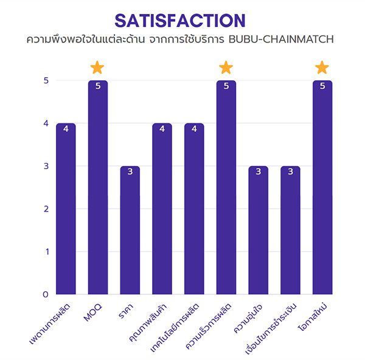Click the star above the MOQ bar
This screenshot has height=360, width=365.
coord(97,67)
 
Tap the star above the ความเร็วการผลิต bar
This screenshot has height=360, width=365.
coord(226,67)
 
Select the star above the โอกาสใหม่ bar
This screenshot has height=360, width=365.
coord(322,67)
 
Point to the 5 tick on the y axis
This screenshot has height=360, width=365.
coord(45,81)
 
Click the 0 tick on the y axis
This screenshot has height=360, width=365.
coord(45,294)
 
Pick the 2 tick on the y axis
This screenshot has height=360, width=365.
coord(45,209)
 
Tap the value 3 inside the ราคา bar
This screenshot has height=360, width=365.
coord(130,171)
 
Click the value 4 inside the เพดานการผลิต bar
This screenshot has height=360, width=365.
coord(66,128)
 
